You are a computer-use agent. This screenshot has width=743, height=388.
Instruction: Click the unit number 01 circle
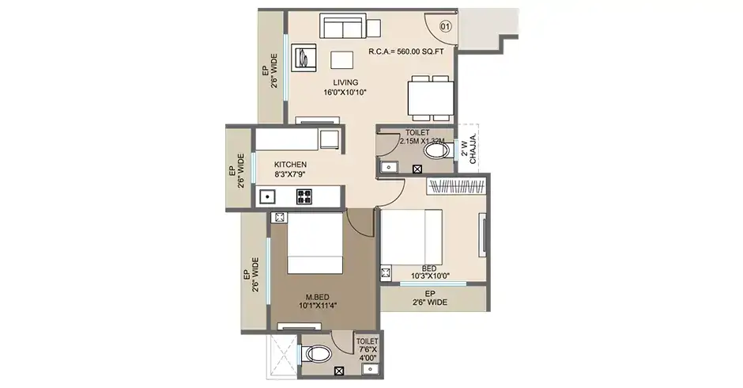coord(446,26)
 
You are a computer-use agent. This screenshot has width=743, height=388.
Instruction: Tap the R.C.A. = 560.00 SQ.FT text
coord(406,52)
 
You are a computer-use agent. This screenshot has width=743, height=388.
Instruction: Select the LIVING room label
coord(345,87)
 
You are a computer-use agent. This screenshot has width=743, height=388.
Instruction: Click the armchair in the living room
coord(304,57)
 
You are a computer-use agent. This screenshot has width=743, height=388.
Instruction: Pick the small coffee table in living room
coord(341,60)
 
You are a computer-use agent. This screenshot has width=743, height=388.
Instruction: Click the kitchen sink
coord(268,196)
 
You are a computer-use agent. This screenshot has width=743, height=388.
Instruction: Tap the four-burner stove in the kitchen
coord(304,196)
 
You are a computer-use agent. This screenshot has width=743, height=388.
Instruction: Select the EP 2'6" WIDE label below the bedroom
coord(432,302)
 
